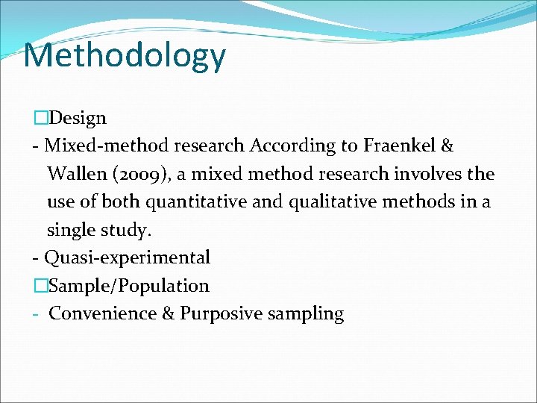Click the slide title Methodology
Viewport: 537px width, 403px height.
click(124, 56)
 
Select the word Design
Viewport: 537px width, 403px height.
click(79, 118)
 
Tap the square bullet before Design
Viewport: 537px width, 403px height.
click(42, 118)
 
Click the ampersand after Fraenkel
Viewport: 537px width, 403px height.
click(447, 146)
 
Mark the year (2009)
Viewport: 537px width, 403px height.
click(139, 175)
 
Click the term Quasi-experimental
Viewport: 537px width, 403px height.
click(127, 258)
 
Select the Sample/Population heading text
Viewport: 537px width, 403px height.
click(130, 286)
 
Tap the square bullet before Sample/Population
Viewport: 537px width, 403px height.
click(42, 286)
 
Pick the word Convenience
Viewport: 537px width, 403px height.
click(102, 313)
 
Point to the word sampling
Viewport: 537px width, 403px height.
click(306, 314)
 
